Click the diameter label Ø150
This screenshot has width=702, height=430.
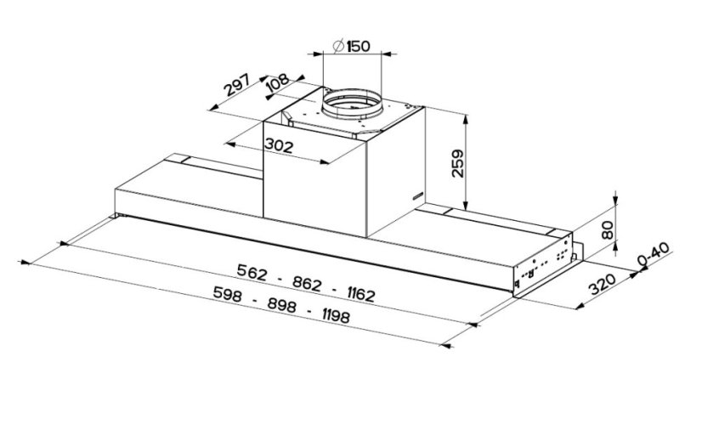coord(351,46)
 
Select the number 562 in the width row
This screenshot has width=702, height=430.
coord(252,274)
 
